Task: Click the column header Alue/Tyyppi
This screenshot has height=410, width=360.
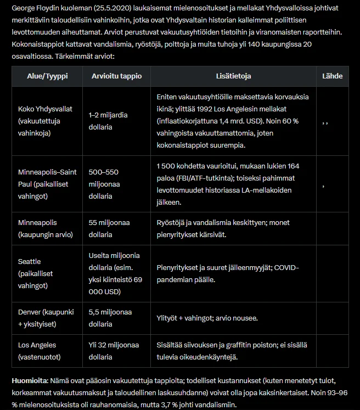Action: click(47, 76)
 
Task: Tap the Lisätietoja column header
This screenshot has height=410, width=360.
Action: click(233, 76)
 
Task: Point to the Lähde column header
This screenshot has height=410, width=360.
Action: click(332, 76)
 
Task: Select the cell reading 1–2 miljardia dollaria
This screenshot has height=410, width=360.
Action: click(108, 121)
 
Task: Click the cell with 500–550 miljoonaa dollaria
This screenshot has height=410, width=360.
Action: click(104, 184)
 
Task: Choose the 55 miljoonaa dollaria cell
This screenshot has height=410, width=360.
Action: click(109, 228)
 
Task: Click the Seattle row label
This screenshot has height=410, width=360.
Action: click(30, 261)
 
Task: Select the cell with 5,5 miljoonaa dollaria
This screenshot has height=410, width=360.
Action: click(110, 318)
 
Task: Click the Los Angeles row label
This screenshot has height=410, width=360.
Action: click(37, 351)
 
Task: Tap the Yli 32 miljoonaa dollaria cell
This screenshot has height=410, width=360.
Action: click(110, 351)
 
